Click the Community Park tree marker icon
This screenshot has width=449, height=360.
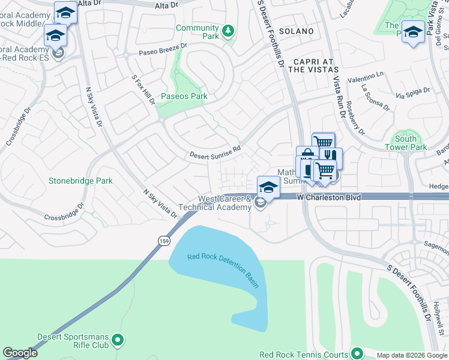coord(228,31)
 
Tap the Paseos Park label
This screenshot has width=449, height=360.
coord(184,97)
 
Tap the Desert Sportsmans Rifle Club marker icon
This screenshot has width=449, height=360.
coord(118,340)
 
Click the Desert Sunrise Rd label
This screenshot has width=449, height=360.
coord(215,151)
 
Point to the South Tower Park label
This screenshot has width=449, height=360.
coord(406,143)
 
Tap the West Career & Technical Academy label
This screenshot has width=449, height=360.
coord(225,203)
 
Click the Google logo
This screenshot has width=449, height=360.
coord(20,353)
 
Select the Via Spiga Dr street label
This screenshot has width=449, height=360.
coord(412,94)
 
